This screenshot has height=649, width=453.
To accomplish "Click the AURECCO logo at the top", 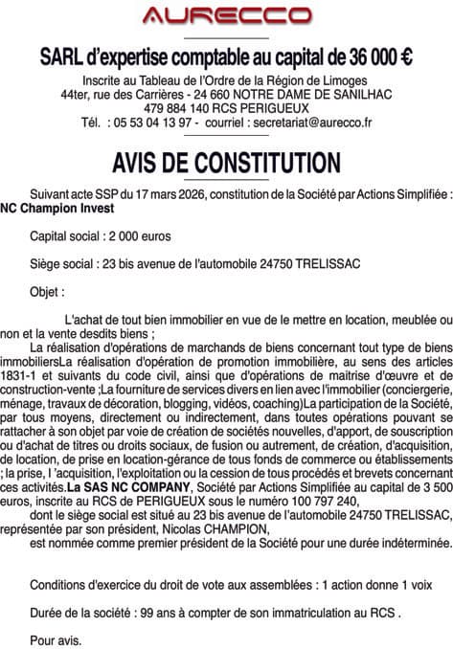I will [226, 15].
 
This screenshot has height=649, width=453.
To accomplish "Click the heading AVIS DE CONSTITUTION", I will [226, 160].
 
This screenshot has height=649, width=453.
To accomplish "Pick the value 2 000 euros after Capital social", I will [142, 235].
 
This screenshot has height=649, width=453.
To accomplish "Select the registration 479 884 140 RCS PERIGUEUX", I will [226, 109].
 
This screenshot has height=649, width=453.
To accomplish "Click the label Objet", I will [47, 291].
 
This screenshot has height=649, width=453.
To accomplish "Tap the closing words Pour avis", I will [57, 638].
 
